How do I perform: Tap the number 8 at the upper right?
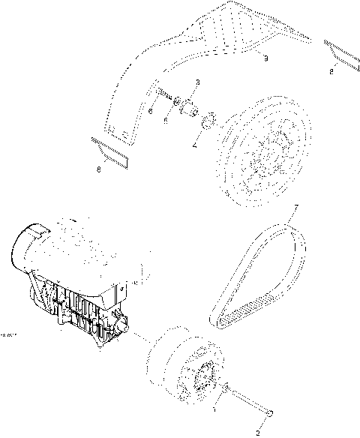tap(331, 72)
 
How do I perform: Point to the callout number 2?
tap(259, 432)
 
